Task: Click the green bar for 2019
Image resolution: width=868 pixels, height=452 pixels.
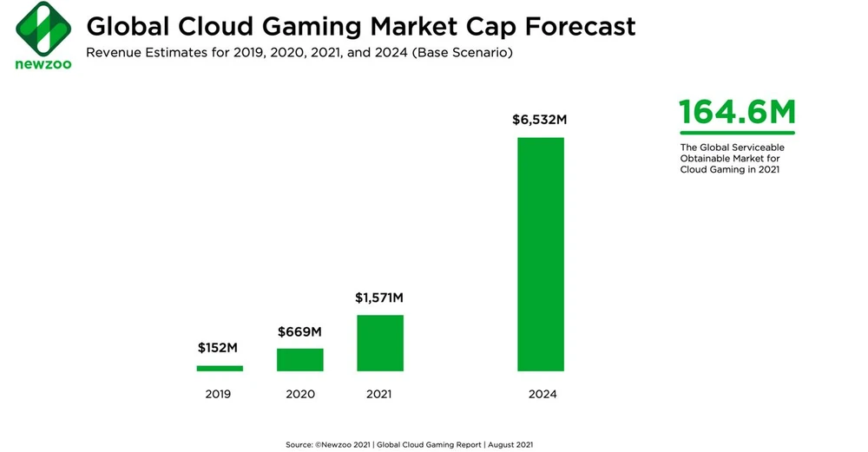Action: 219,368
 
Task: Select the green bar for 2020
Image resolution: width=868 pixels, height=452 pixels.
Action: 299,360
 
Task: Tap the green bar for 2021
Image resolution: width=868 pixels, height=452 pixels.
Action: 379,343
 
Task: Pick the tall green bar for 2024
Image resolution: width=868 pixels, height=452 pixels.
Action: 541,254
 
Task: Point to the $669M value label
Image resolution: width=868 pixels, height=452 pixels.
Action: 299,331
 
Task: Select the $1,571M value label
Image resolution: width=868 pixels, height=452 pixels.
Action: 379,298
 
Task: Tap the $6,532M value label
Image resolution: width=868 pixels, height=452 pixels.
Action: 541,120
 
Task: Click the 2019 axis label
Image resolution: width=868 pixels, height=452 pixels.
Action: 219,394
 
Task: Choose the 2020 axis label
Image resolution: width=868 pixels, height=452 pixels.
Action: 299,394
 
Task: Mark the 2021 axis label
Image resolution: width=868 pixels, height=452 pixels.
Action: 379,394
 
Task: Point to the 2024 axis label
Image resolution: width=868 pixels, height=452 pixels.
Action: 542,394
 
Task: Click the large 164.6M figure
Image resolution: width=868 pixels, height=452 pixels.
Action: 736,113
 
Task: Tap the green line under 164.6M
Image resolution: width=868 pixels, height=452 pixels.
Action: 736,133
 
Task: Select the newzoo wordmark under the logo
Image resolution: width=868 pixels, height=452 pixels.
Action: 37,64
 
